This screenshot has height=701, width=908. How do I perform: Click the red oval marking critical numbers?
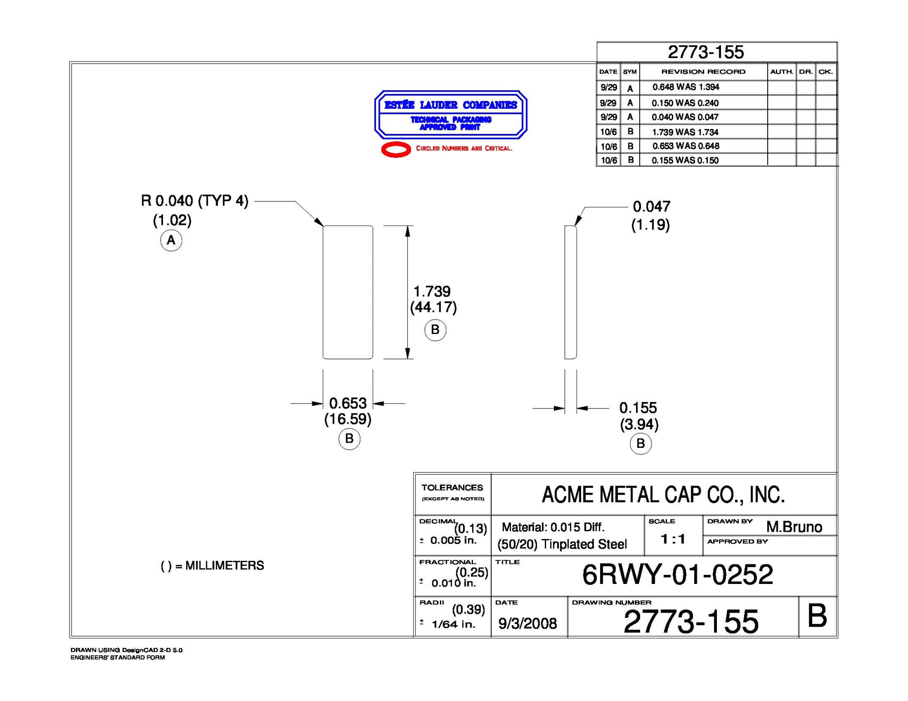tap(396, 149)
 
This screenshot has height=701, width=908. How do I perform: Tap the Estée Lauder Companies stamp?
tap(450, 114)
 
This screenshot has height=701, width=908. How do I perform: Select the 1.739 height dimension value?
tap(432, 291)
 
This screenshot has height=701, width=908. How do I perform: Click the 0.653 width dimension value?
tap(348, 403)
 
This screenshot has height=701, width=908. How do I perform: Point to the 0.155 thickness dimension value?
tap(638, 407)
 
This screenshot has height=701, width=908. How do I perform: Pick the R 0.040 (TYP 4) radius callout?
tap(195, 201)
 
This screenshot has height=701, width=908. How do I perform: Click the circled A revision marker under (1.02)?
tap(171, 240)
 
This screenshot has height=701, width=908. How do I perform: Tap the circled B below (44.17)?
tap(435, 330)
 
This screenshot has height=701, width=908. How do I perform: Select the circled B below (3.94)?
tap(641, 443)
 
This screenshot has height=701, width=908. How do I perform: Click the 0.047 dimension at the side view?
tap(651, 207)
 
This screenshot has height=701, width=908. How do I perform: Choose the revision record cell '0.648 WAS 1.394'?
tap(686, 87)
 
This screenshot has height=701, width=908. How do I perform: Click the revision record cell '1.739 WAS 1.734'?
tap(685, 132)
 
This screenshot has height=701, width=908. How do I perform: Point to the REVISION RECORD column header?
tap(703, 72)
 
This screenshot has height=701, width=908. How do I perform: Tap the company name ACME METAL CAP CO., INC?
tap(663, 495)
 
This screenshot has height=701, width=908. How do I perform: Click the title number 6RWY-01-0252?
tap(677, 575)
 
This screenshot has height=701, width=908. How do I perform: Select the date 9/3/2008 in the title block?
tap(528, 623)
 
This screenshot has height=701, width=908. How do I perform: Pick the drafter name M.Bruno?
tap(794, 527)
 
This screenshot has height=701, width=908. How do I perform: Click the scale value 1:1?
tap(673, 539)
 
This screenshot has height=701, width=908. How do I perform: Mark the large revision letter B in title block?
tap(817, 617)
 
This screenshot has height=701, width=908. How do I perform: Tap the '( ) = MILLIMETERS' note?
tap(212, 566)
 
